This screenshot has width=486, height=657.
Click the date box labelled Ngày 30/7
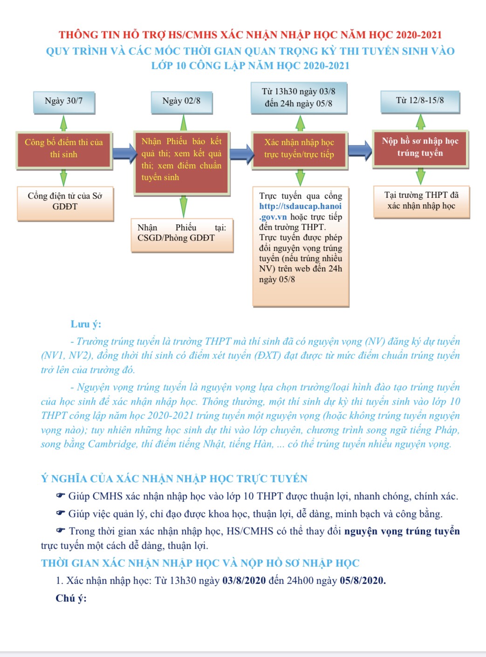tap(64, 103)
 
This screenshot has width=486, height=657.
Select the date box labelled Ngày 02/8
tap(182, 103)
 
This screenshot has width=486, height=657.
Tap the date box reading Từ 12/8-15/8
tap(420, 102)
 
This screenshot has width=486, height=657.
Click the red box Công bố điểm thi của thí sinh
tap(64, 150)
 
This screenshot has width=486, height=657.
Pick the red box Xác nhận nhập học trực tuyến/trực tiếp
tap(300, 150)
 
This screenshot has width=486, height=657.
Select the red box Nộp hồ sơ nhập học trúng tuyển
tap(420, 149)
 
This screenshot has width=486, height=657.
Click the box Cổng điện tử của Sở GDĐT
tap(65, 203)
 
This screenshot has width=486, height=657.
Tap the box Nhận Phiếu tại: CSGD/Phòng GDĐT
tap(182, 235)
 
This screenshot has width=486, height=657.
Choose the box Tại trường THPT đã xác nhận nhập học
tap(422, 202)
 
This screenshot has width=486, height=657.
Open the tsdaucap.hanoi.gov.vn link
tap(300, 211)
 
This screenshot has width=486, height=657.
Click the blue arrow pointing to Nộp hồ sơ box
tap(360, 151)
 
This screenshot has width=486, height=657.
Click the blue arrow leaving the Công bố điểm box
tap(124, 153)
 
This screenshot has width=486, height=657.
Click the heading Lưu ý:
tap(86, 324)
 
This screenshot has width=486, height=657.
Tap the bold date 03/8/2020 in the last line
tap(244, 581)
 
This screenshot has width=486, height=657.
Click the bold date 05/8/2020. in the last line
tap(363, 581)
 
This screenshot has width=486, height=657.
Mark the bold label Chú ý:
tap(71, 598)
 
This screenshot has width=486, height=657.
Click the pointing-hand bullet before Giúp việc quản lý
tap(61, 513)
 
